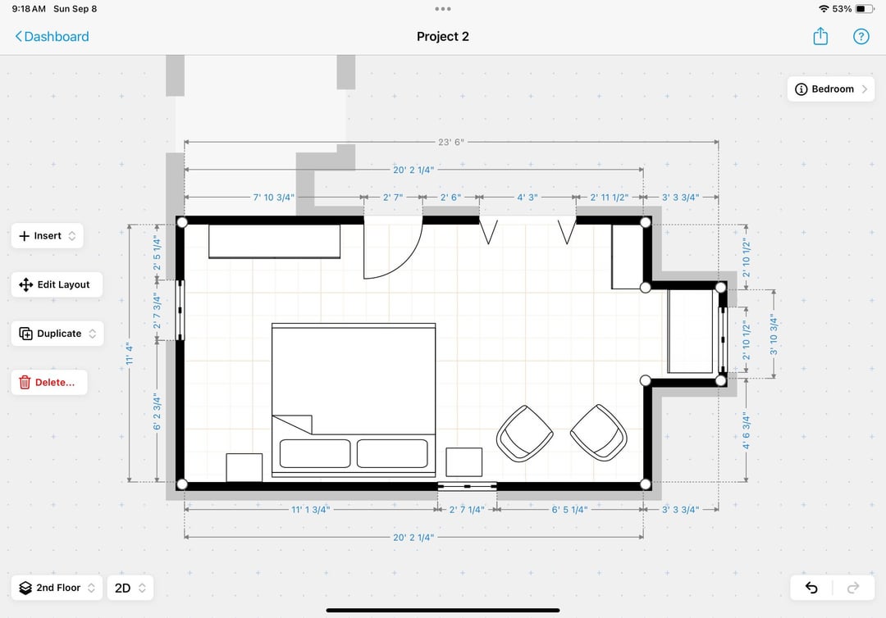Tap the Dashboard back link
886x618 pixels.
pyautogui.click(x=52, y=37)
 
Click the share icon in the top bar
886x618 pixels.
pyautogui.click(x=820, y=37)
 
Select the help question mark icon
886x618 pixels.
pyautogui.click(x=861, y=37)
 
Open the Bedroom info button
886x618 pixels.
pyautogui.click(x=830, y=89)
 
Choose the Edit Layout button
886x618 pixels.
pyautogui.click(x=57, y=284)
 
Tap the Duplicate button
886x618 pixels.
pyautogui.click(x=57, y=334)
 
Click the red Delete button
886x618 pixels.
pyautogui.click(x=49, y=383)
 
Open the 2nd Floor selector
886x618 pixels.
pyautogui.click(x=57, y=588)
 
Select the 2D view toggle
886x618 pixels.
pyautogui.click(x=130, y=588)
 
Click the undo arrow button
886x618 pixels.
pyautogui.click(x=811, y=588)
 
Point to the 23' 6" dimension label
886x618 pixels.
pyautogui.click(x=451, y=143)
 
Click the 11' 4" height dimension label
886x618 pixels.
pyautogui.click(x=130, y=353)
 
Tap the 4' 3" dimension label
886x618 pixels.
pyautogui.click(x=527, y=198)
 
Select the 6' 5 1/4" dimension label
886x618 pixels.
pyautogui.click(x=569, y=510)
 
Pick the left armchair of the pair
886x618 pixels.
pyautogui.click(x=524, y=434)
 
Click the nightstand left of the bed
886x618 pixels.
pyautogui.click(x=244, y=467)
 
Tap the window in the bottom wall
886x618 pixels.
pyautogui.click(x=468, y=486)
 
